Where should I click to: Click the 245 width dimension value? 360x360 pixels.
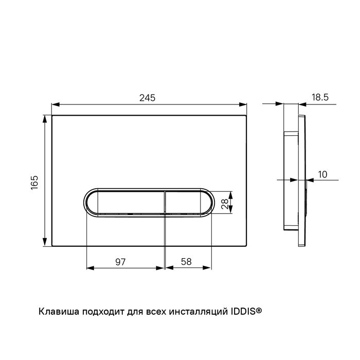(x=148, y=98)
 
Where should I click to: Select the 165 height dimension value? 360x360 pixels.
(x=34, y=183)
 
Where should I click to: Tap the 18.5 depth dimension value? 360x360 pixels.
(x=320, y=97)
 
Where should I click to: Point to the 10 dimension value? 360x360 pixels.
(x=322, y=174)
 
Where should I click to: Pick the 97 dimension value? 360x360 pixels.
(x=120, y=262)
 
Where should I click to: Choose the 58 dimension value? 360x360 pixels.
(x=186, y=262)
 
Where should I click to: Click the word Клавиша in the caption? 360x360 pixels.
(x=59, y=312)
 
